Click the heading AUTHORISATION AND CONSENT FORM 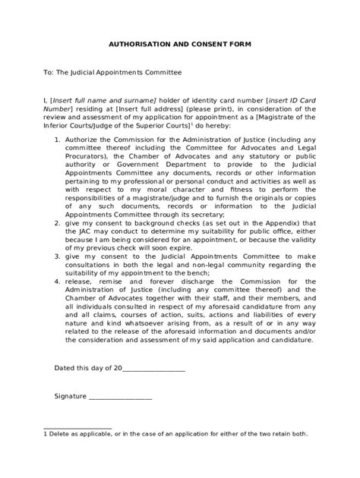tap(179, 45)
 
